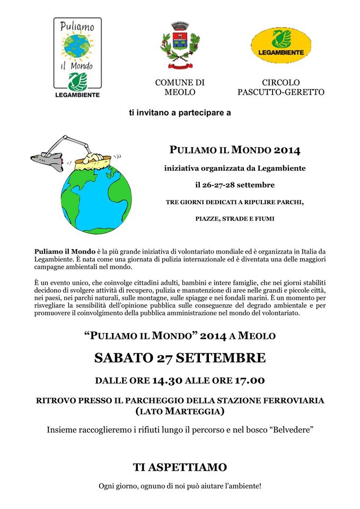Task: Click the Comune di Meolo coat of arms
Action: tap(180, 46)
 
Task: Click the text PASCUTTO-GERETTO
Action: tap(281, 92)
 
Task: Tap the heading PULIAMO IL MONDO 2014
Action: tap(235, 151)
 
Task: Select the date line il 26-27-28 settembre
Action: tap(235, 185)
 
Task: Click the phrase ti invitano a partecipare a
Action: tap(180, 112)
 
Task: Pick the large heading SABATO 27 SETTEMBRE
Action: tap(180, 358)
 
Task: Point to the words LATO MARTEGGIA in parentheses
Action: tap(180, 411)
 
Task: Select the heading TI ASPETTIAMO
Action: tap(180, 467)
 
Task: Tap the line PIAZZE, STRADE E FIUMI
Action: tap(235, 218)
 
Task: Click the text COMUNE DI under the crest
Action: tap(180, 82)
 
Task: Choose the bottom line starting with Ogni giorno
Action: tap(180, 486)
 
